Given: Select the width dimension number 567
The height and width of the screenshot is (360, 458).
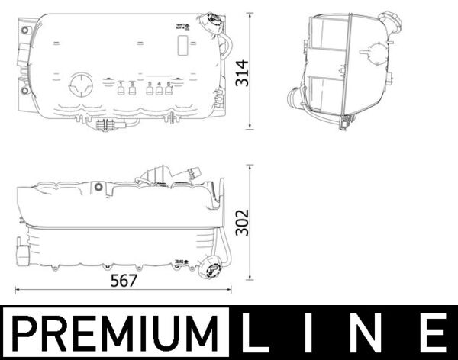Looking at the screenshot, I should [x=124, y=280].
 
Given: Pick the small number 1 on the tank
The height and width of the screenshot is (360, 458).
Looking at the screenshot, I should [x=121, y=83].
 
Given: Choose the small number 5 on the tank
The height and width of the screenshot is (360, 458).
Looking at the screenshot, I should [x=168, y=83].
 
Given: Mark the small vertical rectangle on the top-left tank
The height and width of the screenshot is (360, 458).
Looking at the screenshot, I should [x=183, y=45].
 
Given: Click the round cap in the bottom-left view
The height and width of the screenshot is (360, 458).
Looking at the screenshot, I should [x=209, y=270].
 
